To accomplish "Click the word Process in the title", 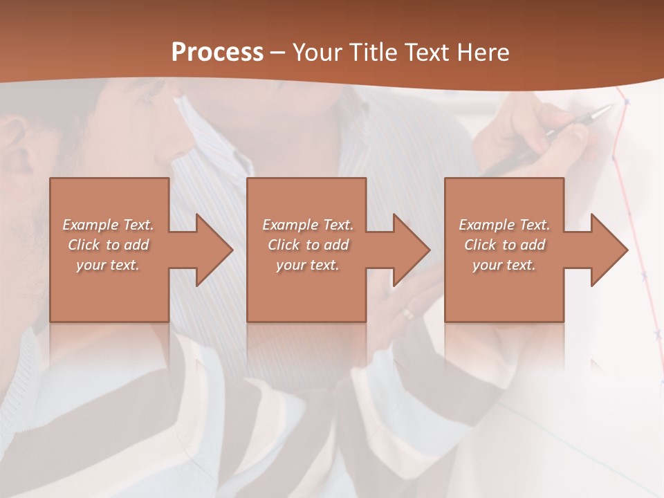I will click(217, 53).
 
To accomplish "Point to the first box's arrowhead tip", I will click(232, 250).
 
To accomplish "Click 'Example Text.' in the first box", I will click(108, 225).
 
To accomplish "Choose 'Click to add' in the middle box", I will click(308, 245).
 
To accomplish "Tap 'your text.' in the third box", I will click(504, 265).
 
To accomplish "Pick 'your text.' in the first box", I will click(108, 265).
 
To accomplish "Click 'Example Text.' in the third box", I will click(504, 225).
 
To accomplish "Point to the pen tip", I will click(612, 107).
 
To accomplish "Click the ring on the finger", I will click(409, 313).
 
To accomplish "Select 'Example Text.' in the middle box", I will click(308, 225).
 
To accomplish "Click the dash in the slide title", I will click(277, 53).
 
